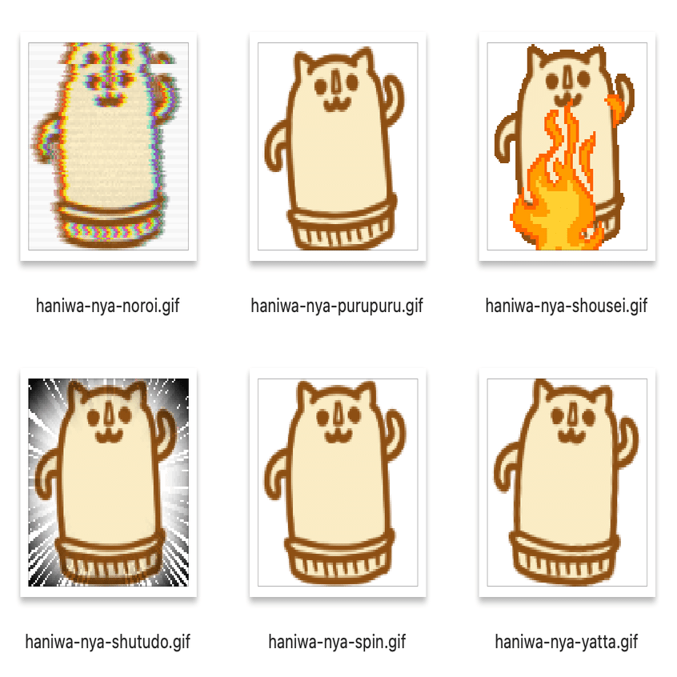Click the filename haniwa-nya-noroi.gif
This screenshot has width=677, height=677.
click(107, 306)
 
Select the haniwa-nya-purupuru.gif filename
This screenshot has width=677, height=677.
click(337, 306)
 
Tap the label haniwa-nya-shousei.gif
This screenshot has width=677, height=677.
click(566, 306)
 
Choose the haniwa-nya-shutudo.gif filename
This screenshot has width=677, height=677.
click(107, 642)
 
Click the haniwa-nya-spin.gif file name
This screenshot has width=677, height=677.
click(337, 642)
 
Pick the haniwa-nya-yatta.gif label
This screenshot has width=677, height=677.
click(566, 642)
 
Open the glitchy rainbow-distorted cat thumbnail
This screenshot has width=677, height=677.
click(108, 146)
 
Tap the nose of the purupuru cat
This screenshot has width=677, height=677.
click(336, 82)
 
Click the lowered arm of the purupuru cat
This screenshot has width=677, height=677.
click(275, 146)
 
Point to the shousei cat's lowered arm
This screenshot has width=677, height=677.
click(506, 138)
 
